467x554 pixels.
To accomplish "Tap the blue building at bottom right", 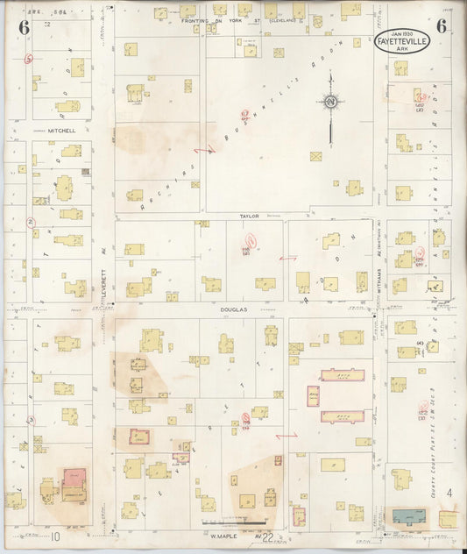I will [x=409, y=516].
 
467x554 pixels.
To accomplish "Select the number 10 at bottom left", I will [x=55, y=536].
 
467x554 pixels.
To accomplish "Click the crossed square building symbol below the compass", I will [x=315, y=156].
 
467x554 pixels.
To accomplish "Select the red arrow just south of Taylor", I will [x=287, y=259].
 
